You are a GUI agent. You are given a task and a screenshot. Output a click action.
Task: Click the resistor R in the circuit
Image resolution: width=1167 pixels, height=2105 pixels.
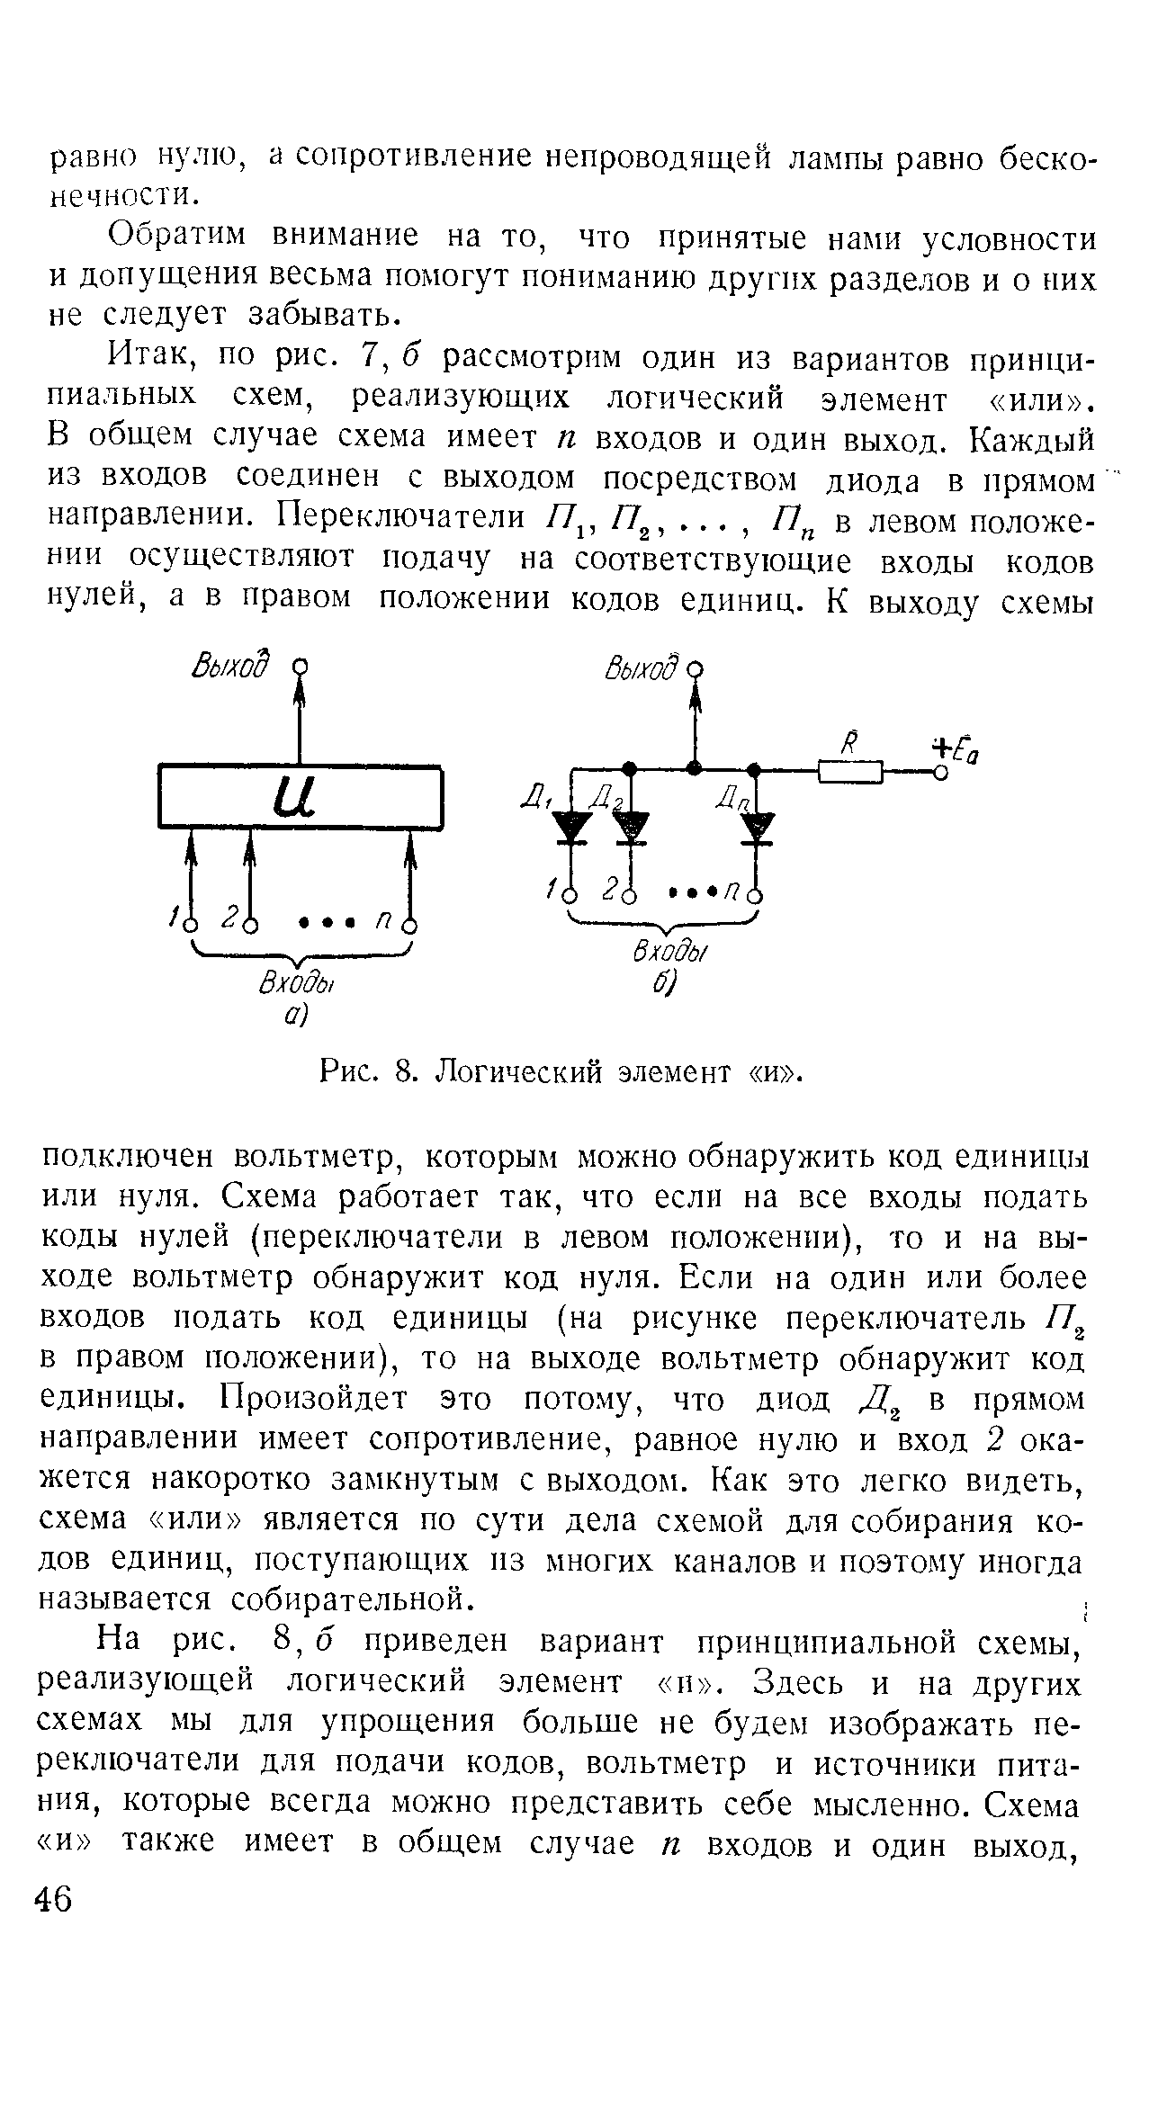pos(850,771)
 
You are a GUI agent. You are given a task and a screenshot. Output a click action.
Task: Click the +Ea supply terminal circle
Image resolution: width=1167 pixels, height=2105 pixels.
pos(939,772)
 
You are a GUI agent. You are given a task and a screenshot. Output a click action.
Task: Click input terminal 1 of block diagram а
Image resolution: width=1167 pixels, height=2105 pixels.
pos(190,926)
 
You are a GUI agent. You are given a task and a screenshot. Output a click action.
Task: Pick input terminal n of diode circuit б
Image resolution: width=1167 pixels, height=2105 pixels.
pos(757,896)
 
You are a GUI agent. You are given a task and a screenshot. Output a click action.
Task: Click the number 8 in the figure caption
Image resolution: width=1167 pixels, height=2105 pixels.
pos(404,1073)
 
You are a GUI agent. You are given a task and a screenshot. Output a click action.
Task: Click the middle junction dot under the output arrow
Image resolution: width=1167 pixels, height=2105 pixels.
pos(694,767)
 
